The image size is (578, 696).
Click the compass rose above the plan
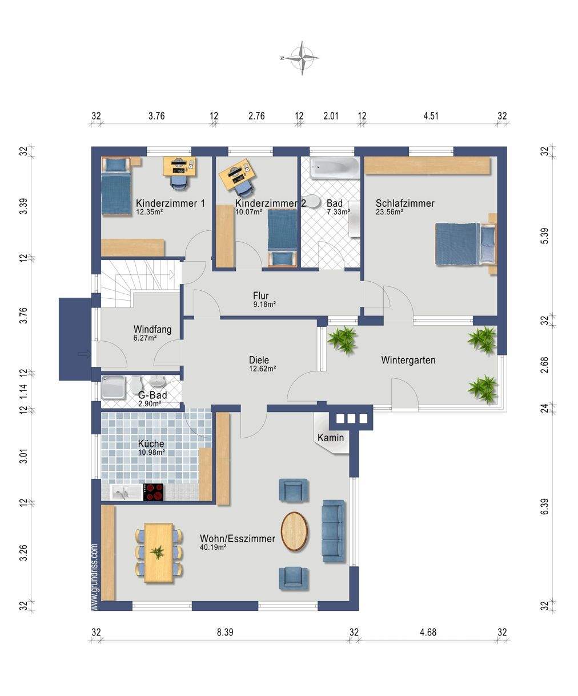pos(302,58)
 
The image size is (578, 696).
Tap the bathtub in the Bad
pos(335,167)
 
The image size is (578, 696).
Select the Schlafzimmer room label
pos(405,203)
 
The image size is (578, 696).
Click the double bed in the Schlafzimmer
pos(465,245)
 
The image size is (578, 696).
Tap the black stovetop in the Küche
pos(153,492)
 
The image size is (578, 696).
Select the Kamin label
pos(331,437)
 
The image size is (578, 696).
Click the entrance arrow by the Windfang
pos(85,354)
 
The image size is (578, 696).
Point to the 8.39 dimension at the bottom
pos(225,632)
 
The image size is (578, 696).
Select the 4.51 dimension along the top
pos(431,116)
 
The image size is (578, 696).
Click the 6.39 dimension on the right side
pos(544,506)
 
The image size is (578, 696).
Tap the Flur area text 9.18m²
pos(264,304)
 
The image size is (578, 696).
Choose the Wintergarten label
pos(408,360)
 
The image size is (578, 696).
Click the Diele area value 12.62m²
pos(262,369)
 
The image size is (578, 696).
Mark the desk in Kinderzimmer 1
pos(179,166)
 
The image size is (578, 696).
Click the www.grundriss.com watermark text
pos(95,577)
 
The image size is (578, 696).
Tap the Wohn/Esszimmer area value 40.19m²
pos(213,547)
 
